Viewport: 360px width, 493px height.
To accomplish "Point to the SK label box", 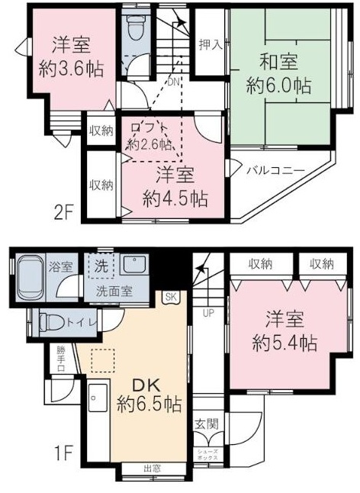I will point(169,298).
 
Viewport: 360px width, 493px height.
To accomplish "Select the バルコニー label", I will point(275,170).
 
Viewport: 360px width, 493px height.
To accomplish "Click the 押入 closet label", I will point(210,44).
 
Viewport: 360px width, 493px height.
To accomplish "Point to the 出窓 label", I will point(153,469).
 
